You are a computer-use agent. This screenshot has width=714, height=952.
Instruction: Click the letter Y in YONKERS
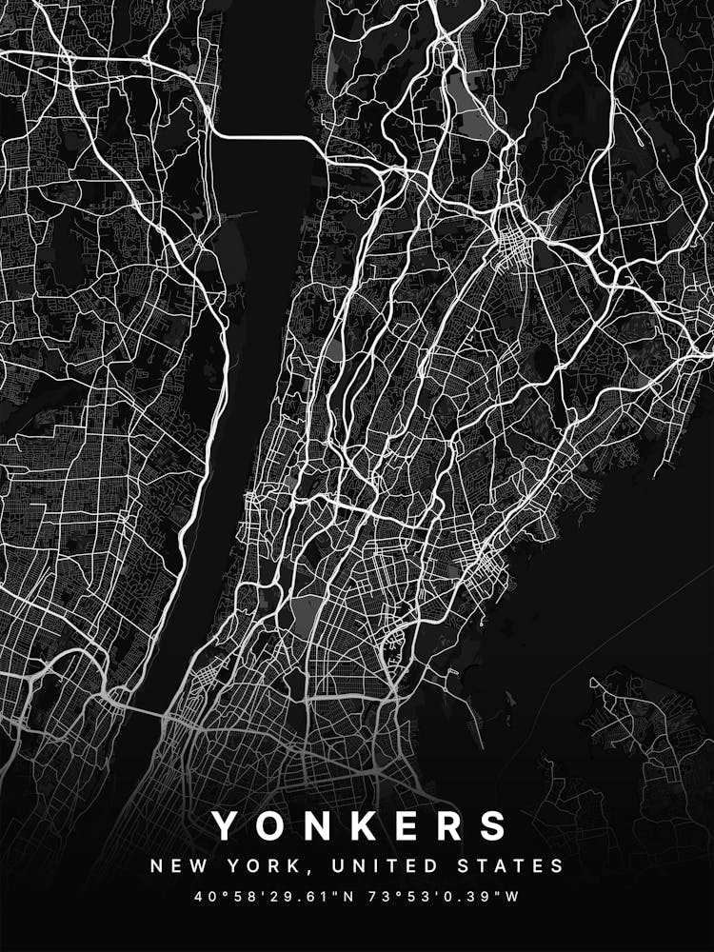click(x=226, y=825)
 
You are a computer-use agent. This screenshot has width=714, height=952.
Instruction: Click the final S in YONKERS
click(x=492, y=825)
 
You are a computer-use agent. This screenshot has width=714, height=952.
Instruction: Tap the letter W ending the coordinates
click(x=514, y=897)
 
